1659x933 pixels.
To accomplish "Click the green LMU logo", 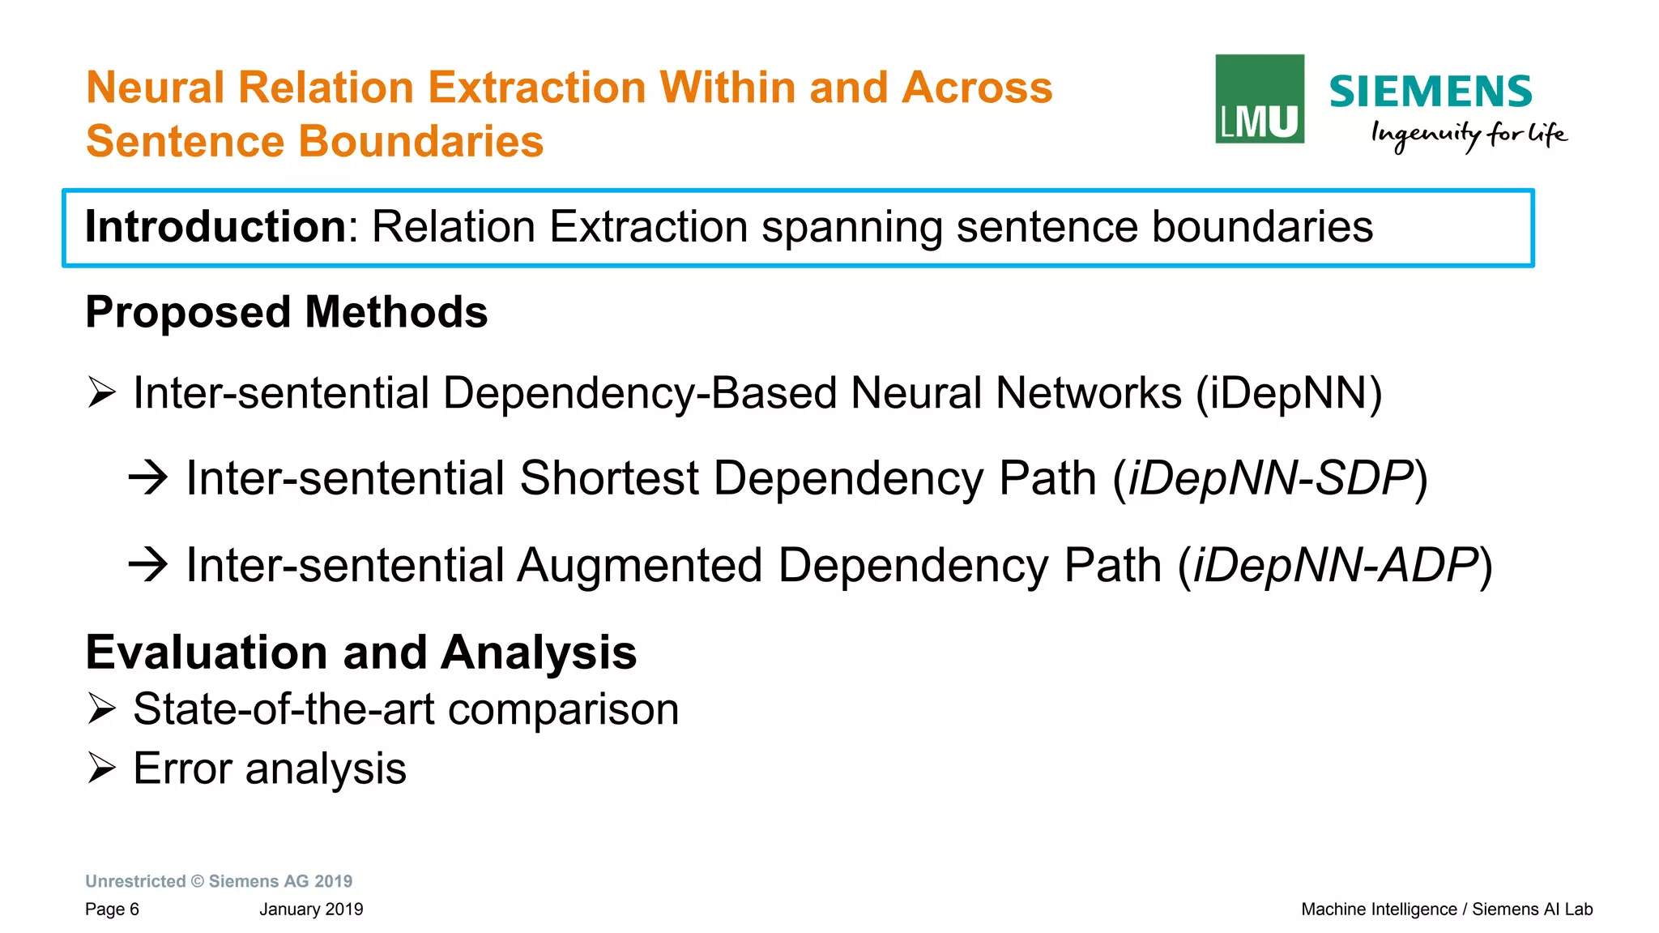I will click(x=1260, y=99).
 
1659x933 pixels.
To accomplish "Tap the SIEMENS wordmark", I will click(x=1430, y=92).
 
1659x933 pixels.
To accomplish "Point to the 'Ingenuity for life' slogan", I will click(x=1468, y=135).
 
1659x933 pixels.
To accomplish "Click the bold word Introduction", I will click(x=216, y=226).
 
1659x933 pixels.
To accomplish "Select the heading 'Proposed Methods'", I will click(x=287, y=312).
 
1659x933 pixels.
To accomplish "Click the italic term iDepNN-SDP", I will click(x=1270, y=477).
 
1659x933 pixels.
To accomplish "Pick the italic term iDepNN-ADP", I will click(x=1335, y=565).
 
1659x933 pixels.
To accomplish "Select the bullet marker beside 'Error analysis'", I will click(x=102, y=768).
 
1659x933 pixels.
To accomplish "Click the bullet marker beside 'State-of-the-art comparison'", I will click(x=102, y=708).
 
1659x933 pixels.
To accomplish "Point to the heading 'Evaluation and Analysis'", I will click(x=361, y=653).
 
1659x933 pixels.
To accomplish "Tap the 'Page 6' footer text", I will click(x=112, y=909).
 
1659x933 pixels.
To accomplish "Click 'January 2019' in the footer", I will click(x=311, y=909).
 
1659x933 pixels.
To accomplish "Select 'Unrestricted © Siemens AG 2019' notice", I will click(x=219, y=881).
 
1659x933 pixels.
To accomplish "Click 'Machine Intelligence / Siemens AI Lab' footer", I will click(x=1447, y=909).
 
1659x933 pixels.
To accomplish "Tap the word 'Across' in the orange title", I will click(x=977, y=88).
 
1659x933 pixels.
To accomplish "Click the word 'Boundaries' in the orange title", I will click(x=421, y=141).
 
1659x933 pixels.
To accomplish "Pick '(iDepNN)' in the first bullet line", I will click(x=1289, y=393).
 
